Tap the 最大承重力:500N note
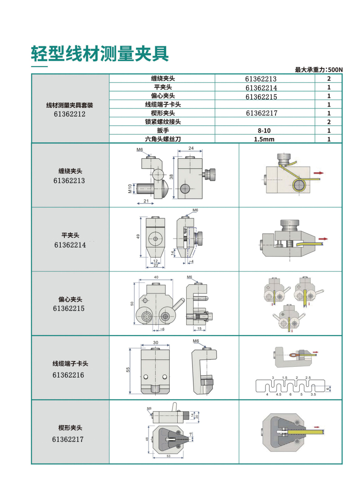click(x=319, y=70)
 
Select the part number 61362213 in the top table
click(x=261, y=79)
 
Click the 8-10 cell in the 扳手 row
click(x=261, y=130)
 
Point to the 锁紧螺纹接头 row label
click(x=163, y=122)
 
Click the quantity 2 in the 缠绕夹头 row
click(x=329, y=79)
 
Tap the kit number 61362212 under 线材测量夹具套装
click(x=70, y=114)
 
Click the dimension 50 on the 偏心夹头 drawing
click(x=132, y=303)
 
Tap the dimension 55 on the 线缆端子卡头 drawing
click(x=128, y=369)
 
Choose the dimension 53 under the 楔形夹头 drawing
click(x=168, y=456)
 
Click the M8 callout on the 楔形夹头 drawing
click(x=149, y=409)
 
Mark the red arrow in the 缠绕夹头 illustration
click(x=319, y=172)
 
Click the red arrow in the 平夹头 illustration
click(x=323, y=238)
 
